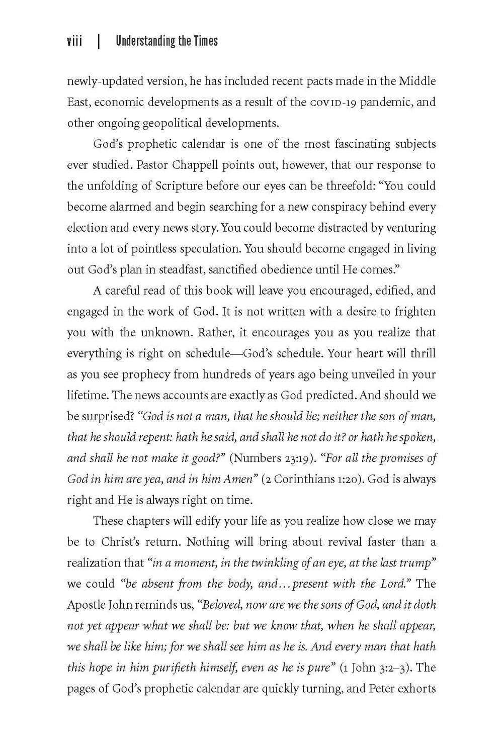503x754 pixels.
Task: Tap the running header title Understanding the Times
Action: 166,41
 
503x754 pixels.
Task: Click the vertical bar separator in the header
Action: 99,41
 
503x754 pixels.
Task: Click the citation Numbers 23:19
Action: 272,458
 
